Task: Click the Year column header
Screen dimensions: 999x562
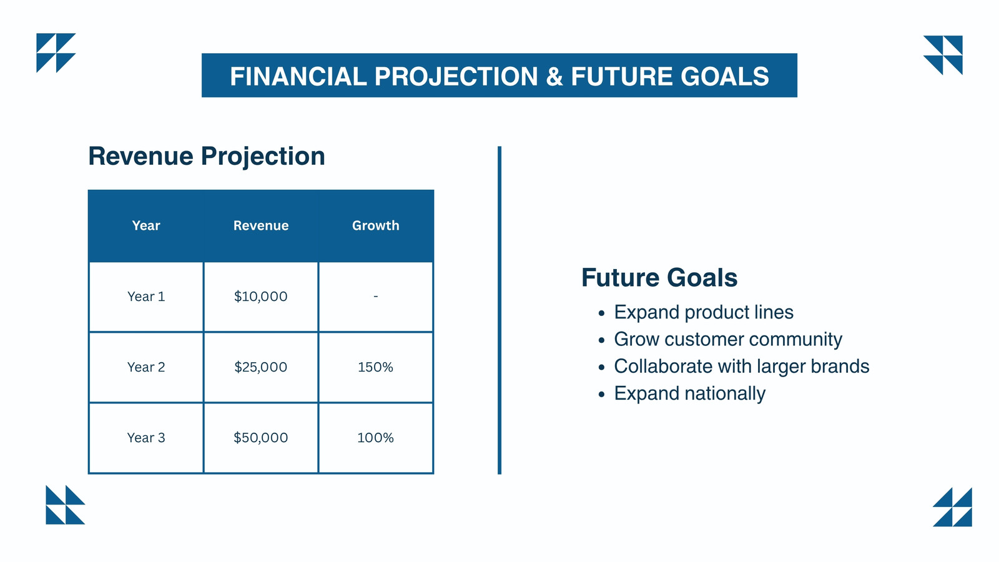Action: point(146,225)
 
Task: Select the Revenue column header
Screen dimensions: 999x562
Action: point(261,225)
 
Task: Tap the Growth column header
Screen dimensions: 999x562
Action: point(375,225)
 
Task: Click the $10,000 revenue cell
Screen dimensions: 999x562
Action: point(261,297)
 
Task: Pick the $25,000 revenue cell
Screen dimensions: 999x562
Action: point(261,367)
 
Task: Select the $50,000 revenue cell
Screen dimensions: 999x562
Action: point(261,438)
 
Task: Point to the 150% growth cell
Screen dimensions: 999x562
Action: point(375,367)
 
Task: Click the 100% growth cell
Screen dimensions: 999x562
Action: point(375,438)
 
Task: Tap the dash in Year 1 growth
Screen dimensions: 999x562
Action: point(375,296)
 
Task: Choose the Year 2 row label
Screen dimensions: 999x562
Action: point(146,367)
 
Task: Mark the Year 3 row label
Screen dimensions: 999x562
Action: point(146,438)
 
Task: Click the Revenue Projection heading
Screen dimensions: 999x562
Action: point(207,157)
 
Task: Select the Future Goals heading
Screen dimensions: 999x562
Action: point(659,277)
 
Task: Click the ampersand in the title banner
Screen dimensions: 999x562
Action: point(554,76)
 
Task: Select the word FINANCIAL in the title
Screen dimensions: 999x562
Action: point(298,76)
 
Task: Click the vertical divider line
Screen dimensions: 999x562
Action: point(499,310)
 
